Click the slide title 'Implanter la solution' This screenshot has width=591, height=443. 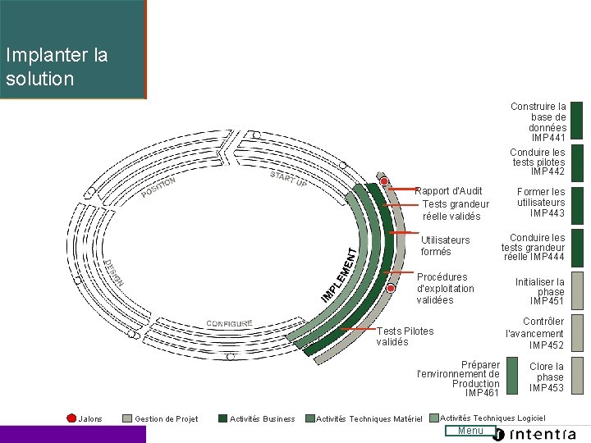pos(56,67)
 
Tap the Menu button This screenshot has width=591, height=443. pos(470,431)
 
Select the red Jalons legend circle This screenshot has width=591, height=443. pos(71,418)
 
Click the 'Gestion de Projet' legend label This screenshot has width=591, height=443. pos(166,419)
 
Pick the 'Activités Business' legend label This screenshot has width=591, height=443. pos(262,419)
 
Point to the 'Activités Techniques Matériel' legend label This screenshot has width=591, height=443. pos(369,419)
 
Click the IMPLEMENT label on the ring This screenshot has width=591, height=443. pos(339,275)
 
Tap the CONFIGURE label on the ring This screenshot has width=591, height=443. pos(229,323)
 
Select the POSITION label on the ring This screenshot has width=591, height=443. pos(158,188)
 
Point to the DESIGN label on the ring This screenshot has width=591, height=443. pos(114,273)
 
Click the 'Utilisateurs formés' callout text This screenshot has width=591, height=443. pos(445,245)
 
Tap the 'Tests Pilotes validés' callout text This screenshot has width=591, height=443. pos(405,336)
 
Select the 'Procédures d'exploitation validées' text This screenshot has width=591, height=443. pos(445,288)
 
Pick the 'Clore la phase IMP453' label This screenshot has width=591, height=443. pos(547,377)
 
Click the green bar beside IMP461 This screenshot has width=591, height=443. pos(512,377)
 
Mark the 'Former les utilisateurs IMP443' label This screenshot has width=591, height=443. pos(541,202)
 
